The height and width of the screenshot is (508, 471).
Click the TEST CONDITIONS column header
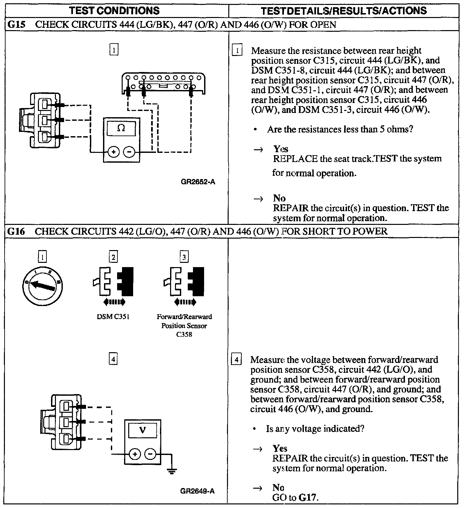pos(114,10)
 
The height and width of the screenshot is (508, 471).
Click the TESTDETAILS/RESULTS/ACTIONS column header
pos(344,10)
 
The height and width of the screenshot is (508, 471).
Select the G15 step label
pos(16,25)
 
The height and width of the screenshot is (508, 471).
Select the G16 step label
pos(16,231)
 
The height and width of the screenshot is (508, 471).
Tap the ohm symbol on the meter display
pos(121,128)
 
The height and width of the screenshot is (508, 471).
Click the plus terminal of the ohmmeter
pos(113,152)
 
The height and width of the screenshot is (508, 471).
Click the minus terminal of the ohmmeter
pos(129,152)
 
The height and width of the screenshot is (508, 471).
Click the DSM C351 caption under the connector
pos(113,317)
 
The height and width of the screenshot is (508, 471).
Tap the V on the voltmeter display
pos(142,430)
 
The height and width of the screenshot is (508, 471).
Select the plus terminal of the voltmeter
pos(134,454)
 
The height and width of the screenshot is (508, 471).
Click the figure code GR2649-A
pos(197,491)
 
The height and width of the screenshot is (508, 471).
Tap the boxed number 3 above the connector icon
pos(184,257)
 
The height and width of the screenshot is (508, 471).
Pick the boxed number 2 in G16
pos(113,257)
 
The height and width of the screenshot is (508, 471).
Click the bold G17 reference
pos(308,498)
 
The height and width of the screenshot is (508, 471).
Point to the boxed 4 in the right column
pos(236,360)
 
